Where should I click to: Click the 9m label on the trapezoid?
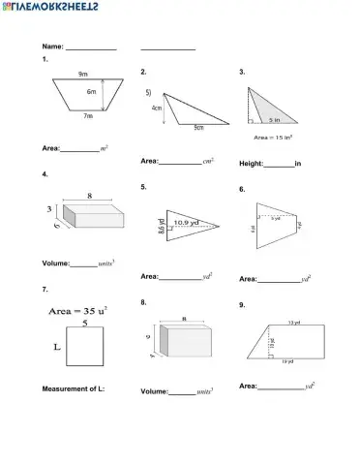(x=83, y=75)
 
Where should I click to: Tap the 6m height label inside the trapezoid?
(x=91, y=92)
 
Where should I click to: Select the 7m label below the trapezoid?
(x=87, y=116)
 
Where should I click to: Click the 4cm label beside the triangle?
(x=157, y=108)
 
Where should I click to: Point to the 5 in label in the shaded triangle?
(x=276, y=120)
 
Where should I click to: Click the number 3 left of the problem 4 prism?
(x=48, y=209)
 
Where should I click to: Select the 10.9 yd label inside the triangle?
(x=188, y=223)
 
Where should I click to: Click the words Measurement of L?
(x=73, y=388)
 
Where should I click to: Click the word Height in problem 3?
(x=251, y=164)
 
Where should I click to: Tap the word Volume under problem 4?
(x=55, y=263)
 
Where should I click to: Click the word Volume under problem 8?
(x=154, y=391)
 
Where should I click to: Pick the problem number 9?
(x=242, y=304)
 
